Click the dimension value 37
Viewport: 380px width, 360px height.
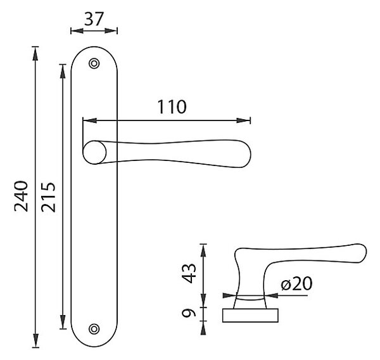tap(94, 19)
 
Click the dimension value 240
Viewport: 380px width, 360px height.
tap(21, 196)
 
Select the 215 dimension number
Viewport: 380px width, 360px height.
tap(48, 197)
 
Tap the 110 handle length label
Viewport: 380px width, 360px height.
tap(172, 106)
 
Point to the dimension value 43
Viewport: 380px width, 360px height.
tap(189, 273)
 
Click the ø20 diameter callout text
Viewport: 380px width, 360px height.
tap(296, 283)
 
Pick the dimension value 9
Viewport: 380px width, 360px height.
tap(189, 314)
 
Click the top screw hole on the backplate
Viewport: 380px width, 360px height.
tap(94, 63)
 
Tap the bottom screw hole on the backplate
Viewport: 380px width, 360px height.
tap(94, 329)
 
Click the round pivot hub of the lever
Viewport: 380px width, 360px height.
tap(94, 152)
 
